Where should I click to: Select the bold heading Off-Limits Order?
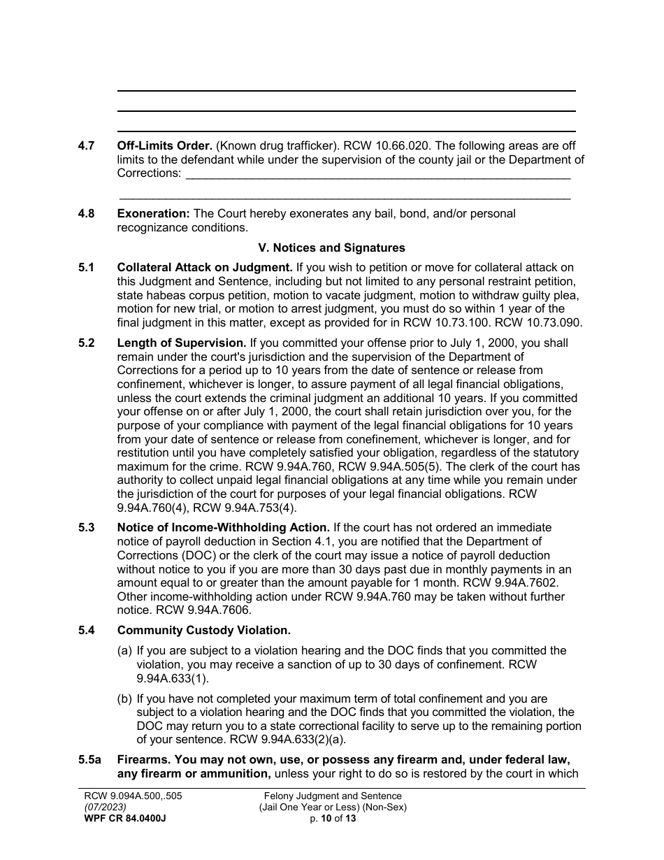[x=165, y=146]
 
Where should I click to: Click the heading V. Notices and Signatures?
[x=331, y=248]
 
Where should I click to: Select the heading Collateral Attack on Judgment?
[x=205, y=267]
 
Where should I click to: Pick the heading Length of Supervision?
[x=182, y=343]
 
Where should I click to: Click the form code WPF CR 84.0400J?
[x=124, y=818]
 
